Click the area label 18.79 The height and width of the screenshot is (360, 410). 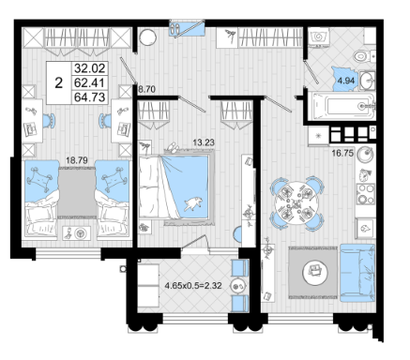pyautogui.click(x=77, y=160)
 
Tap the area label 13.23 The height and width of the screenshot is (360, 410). pyautogui.click(x=204, y=142)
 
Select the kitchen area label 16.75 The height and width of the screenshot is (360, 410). pyautogui.click(x=342, y=153)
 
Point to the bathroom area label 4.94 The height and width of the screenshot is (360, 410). pyautogui.click(x=346, y=81)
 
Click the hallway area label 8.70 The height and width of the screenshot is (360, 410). pyautogui.click(x=147, y=90)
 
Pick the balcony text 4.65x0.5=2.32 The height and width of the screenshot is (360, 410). pyautogui.click(x=193, y=285)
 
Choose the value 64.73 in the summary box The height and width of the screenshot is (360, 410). pyautogui.click(x=89, y=97)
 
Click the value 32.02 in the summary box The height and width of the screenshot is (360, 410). pyautogui.click(x=89, y=68)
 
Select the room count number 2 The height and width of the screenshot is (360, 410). pyautogui.click(x=58, y=83)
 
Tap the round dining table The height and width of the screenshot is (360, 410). pyautogui.click(x=296, y=203)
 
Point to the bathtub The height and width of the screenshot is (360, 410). pyautogui.click(x=342, y=106)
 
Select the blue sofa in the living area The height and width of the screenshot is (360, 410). pyautogui.click(x=357, y=273)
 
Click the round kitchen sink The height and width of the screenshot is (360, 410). pyautogui.click(x=366, y=155)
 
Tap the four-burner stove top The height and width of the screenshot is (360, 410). pyautogui.click(x=366, y=194)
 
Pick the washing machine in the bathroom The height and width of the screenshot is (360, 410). pyautogui.click(x=318, y=37)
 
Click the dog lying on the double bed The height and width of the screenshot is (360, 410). pyautogui.click(x=193, y=204)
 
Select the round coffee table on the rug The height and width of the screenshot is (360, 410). pyautogui.click(x=315, y=272)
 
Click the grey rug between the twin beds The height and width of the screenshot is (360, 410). pyautogui.click(x=77, y=192)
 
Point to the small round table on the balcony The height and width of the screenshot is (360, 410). pyautogui.click(x=238, y=285)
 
